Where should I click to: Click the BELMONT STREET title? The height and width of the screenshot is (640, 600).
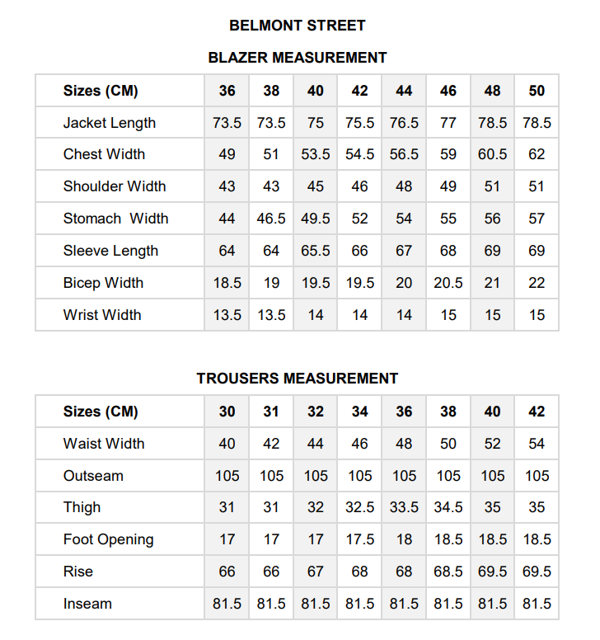coord(298,26)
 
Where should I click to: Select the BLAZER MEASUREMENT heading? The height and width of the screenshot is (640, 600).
coord(298,58)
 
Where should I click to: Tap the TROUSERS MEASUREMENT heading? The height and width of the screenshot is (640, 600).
coord(298,379)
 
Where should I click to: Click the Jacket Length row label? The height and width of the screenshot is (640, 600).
coord(110,123)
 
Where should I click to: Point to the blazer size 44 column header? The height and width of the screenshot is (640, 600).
coord(404,91)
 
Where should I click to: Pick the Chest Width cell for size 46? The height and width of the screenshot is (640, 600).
coord(448,154)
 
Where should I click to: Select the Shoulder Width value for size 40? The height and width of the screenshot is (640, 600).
coord(316,186)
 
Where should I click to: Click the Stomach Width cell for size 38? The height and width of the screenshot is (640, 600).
coord(271,219)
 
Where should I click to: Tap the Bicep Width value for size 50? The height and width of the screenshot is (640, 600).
coord(537,283)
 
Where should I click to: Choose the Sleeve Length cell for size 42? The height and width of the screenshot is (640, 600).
coord(360,251)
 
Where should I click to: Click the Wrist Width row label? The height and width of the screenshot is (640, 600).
coord(102,315)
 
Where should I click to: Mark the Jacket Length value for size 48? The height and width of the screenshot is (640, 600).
coord(493,123)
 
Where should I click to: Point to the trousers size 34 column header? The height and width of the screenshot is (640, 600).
coord(360,412)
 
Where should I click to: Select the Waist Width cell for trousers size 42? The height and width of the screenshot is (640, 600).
coord(537,444)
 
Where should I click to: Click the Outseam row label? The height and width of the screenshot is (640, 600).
coord(93,476)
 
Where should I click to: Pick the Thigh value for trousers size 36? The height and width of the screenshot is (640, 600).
coord(404,508)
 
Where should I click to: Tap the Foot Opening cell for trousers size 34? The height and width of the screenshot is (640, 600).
coord(360,540)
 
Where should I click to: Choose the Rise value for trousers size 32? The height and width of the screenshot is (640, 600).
coord(316,572)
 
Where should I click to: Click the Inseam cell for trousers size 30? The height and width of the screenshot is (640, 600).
coord(227,604)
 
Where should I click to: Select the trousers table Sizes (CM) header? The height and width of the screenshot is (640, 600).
coord(101,412)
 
